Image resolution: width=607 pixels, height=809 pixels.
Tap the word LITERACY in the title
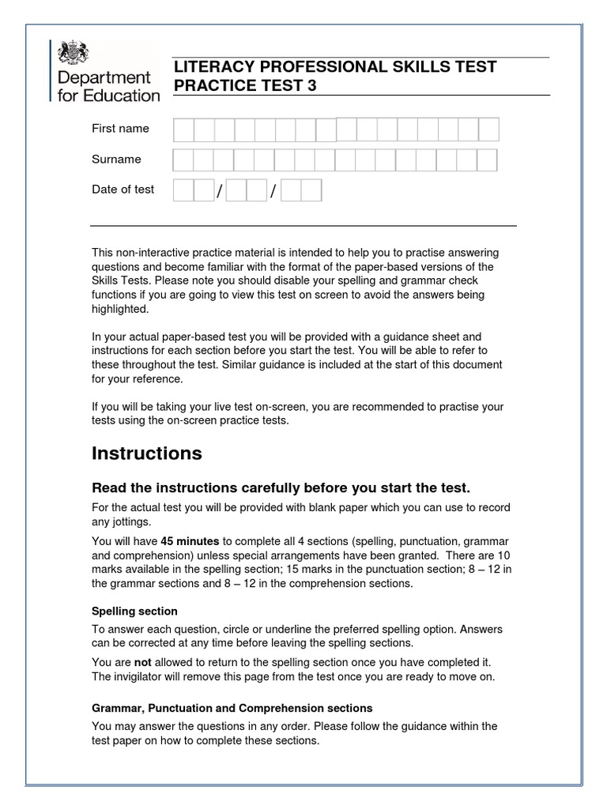pos(208,67)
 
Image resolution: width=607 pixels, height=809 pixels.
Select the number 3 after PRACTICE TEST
pos(311,86)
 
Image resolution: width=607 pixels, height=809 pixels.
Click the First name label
pos(120,129)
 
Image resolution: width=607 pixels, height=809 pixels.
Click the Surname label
pos(116,160)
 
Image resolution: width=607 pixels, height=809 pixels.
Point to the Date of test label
pos(123,190)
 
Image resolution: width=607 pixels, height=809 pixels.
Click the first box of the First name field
pos(183,130)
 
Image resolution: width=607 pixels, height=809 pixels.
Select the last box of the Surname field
pos(487,160)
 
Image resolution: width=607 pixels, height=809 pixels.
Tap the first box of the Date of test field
pos(183,190)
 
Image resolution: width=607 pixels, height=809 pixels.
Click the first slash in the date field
pos(221,192)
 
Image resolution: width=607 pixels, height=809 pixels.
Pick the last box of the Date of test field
pos(311,190)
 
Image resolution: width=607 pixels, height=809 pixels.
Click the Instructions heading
pos(147,453)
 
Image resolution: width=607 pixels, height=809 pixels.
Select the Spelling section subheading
pos(134,611)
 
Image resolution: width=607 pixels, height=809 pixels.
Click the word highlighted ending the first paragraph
pos(119,310)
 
